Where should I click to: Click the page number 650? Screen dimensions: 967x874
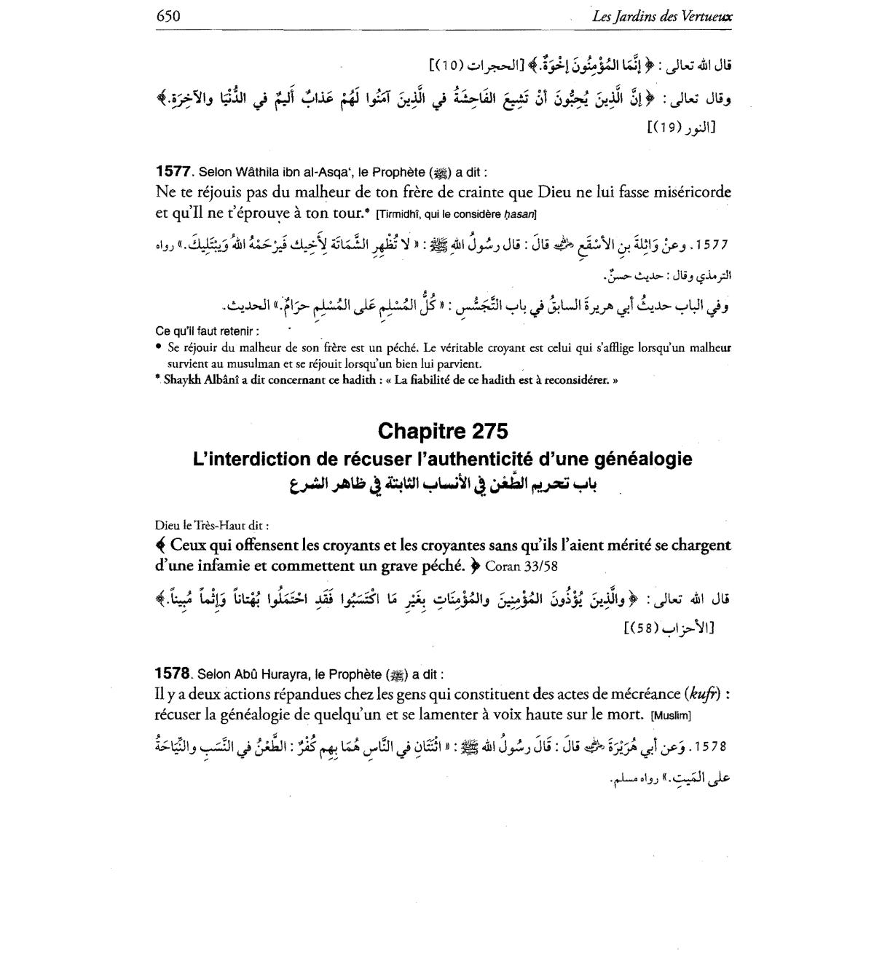tap(168, 16)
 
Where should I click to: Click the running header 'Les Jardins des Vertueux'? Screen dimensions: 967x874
tap(662, 17)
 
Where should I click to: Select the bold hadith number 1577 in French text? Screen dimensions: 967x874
tap(173, 172)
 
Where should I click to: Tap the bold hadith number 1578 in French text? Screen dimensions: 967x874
tap(173, 674)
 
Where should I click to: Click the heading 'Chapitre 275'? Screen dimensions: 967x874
tap(443, 431)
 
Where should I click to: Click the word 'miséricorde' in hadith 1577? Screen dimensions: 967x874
tap(681, 192)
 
